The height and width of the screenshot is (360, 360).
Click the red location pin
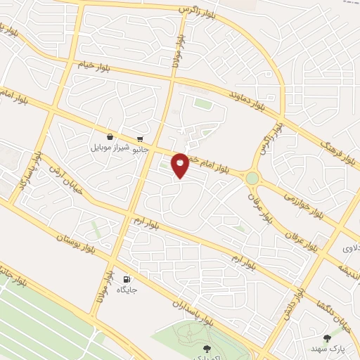coord(180,165)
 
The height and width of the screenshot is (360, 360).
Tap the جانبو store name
coord(141,149)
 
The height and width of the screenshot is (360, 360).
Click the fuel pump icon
coord(127,279)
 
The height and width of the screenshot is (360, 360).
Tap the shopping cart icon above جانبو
coord(141,139)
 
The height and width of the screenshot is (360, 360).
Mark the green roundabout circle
coord(252,178)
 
